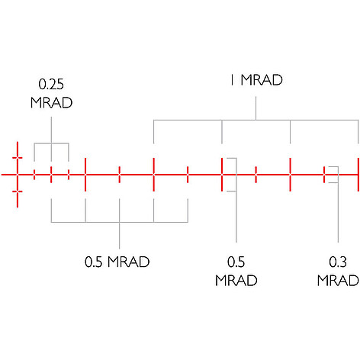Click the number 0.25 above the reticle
[51, 84]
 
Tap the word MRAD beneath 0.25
[51, 103]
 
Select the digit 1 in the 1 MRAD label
[232, 80]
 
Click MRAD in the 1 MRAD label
[262, 80]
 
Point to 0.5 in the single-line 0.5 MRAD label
[94, 262]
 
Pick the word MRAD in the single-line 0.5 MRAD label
[128, 262]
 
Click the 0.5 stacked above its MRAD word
[236, 262]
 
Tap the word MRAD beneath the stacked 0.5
[236, 281]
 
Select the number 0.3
[338, 262]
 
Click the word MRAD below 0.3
[338, 281]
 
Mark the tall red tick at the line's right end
[358, 175]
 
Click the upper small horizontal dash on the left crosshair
[18, 158]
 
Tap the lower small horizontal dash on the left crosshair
[18, 191]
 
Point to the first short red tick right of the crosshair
[34, 175]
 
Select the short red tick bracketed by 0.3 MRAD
[324, 175]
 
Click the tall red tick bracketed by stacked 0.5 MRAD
[222, 175]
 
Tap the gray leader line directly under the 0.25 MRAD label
[51, 140]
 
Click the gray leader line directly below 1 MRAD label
[256, 108]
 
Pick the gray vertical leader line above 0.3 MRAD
[338, 204]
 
